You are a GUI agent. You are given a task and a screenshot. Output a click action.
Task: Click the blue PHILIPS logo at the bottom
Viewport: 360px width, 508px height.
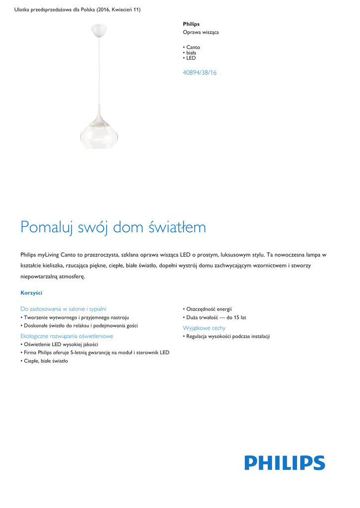pos(285,463)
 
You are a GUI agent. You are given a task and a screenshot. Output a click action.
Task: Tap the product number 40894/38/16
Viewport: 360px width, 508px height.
pos(200,72)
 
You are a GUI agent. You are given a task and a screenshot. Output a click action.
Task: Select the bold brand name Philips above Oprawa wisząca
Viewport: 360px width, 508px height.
pos(191,24)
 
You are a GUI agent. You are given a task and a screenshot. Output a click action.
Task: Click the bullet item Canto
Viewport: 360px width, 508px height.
pos(193,48)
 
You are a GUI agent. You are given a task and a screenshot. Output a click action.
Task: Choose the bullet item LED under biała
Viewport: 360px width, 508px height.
pos(191,58)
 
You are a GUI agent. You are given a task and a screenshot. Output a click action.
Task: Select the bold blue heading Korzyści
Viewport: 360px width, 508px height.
pos(31,293)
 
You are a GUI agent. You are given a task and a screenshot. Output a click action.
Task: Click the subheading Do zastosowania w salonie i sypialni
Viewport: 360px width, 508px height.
pos(63,309)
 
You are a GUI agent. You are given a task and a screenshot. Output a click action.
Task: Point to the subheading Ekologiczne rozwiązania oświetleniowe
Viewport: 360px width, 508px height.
pos(67,336)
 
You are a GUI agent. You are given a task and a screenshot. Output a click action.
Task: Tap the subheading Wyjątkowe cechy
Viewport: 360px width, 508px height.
pos(204,328)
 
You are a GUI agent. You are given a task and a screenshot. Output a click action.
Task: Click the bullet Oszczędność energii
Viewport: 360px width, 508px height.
pos(209,309)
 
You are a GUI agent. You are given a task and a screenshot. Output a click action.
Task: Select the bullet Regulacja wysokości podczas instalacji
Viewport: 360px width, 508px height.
pos(227,336)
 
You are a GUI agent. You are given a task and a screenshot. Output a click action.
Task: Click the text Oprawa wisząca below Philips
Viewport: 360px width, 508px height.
pos(201,32)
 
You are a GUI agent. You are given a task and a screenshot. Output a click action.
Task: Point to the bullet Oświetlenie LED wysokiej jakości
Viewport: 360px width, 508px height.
pos(61,344)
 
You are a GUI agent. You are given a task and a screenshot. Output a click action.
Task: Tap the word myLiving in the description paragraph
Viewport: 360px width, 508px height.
pos(49,254)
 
